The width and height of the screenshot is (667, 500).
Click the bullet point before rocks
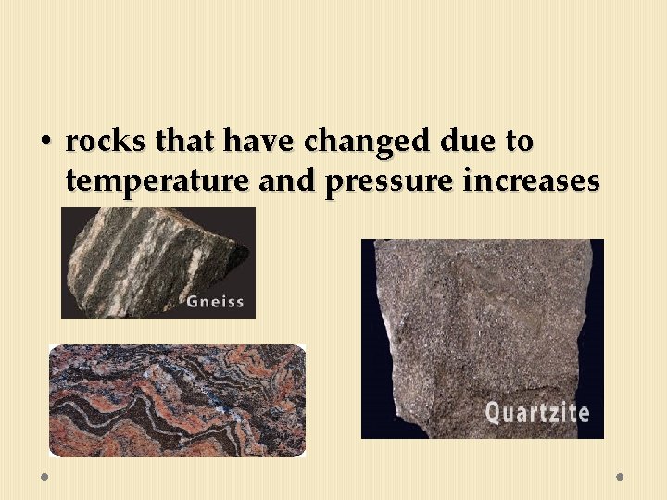click(x=44, y=142)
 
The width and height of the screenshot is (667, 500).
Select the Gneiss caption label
click(x=216, y=300)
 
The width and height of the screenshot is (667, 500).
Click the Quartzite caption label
click(x=536, y=411)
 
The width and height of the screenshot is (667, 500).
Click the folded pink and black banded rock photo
click(x=176, y=400)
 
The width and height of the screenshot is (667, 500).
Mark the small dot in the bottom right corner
click(x=620, y=476)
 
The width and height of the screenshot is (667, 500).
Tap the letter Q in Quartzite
click(x=493, y=411)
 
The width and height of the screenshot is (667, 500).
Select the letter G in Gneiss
click(x=193, y=300)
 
